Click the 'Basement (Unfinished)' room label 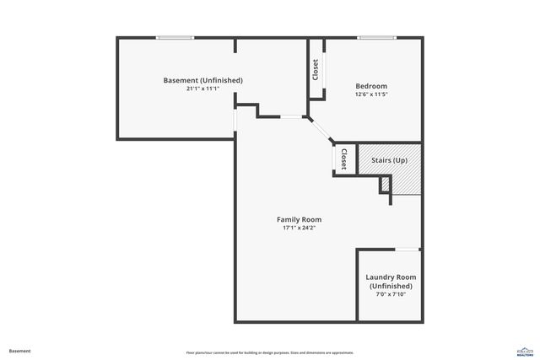click(x=202, y=80)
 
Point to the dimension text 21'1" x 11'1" click(x=202, y=89)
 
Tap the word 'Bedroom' click(x=371, y=86)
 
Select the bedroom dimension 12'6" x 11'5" click(x=371, y=94)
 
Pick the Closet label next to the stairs click(x=343, y=159)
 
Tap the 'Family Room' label click(x=300, y=219)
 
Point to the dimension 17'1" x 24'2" click(x=300, y=228)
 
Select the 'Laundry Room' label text click(x=390, y=277)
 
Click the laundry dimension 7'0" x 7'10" click(x=390, y=294)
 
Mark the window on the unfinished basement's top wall click(x=175, y=37)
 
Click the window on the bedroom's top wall click(x=377, y=37)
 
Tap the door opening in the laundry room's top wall click(x=408, y=249)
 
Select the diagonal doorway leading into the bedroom click(x=321, y=132)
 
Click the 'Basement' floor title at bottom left click(x=19, y=351)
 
